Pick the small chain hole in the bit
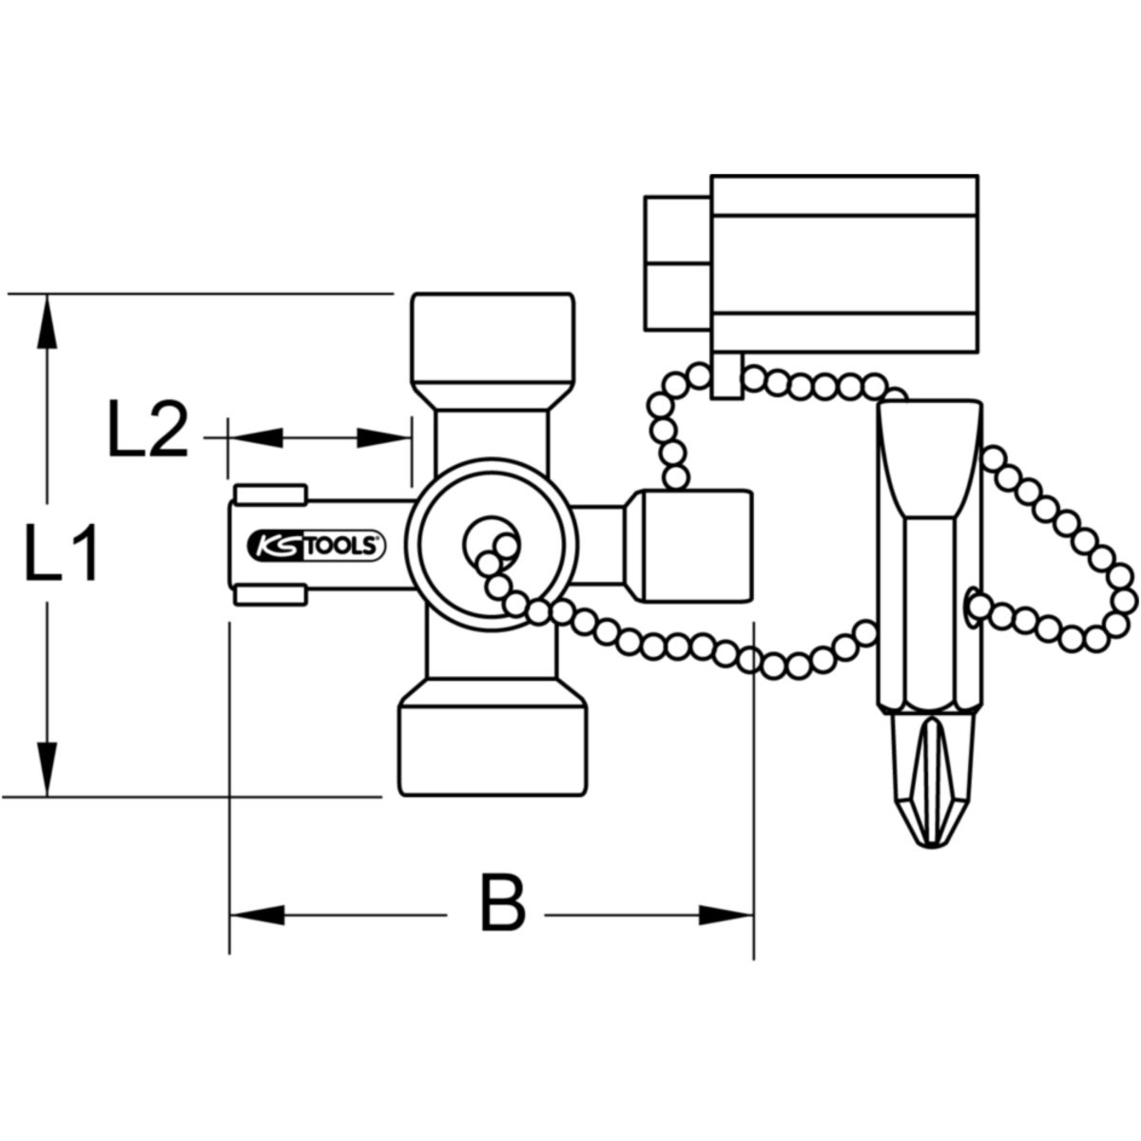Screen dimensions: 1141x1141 click(x=968, y=607)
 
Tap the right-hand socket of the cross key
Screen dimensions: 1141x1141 click(x=690, y=546)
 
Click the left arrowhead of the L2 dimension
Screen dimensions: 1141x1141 click(x=256, y=437)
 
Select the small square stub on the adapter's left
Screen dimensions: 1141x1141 click(x=677, y=263)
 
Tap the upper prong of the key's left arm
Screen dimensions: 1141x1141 click(x=272, y=494)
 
